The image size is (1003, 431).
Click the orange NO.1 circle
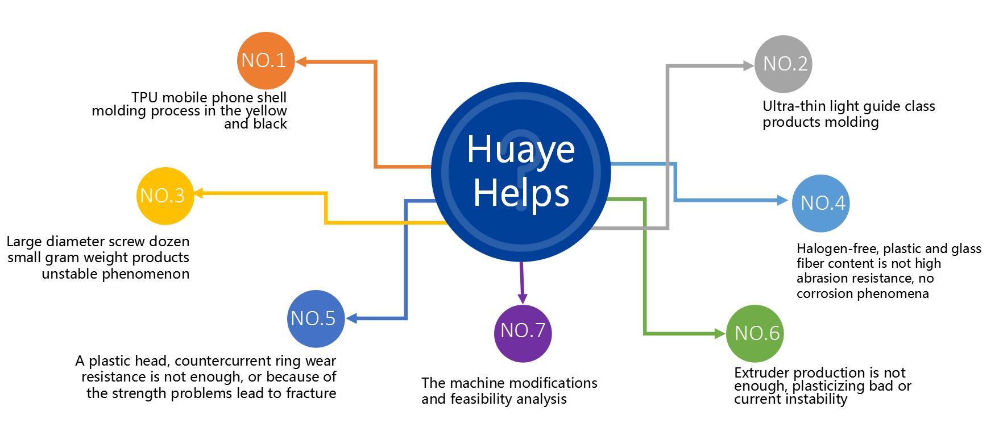click(x=266, y=61)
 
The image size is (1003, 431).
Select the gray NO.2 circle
click(x=783, y=64)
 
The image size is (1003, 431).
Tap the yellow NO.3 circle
click(x=165, y=196)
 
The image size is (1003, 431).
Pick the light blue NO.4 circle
click(x=820, y=204)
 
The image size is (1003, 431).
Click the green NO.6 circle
click(x=755, y=333)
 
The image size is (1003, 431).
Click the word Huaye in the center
click(x=520, y=150)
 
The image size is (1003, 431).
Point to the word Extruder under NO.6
click(x=762, y=373)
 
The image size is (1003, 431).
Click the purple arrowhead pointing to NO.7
click(x=523, y=298)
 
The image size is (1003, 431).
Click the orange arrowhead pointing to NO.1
click(x=301, y=61)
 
